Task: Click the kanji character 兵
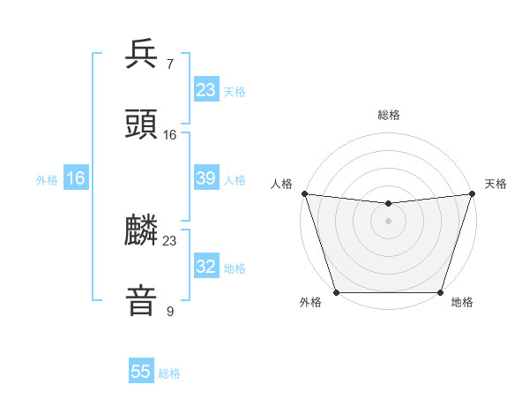142,55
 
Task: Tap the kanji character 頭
142,124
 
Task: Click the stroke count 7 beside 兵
169,65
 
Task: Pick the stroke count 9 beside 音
169,312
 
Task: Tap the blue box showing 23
206,90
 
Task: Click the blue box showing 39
206,178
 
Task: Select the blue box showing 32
206,267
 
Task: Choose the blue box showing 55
141,372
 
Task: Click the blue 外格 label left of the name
47,180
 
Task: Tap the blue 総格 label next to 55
169,373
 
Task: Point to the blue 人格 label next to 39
235,180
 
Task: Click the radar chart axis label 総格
388,115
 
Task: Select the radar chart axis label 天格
495,184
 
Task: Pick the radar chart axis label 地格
462,302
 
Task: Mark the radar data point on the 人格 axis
304,193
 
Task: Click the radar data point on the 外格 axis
336,292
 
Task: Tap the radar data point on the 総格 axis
388,204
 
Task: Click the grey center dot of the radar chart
388,221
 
